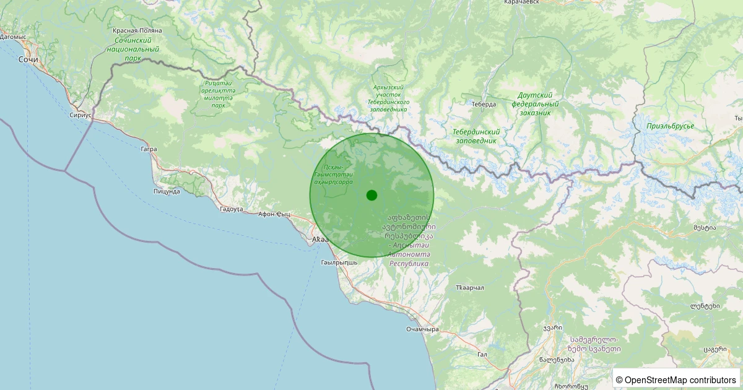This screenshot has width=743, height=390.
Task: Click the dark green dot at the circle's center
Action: point(371,195)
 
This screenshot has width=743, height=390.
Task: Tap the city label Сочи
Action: point(28,59)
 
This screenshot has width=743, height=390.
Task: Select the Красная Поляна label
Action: point(137,30)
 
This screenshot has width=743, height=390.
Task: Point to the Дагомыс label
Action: point(13,37)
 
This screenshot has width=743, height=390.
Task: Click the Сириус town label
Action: point(80,115)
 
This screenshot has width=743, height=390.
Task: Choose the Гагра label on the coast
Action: point(149,149)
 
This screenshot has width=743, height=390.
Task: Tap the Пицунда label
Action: point(167,191)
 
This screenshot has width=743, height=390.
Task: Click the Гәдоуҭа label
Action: point(232,209)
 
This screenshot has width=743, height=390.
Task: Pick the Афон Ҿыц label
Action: point(274,214)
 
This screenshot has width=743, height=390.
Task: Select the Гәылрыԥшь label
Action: point(339,262)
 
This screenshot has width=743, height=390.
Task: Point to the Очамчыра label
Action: point(422,329)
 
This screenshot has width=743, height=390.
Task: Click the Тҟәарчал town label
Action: point(469,288)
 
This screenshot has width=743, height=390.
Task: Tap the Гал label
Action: point(483,354)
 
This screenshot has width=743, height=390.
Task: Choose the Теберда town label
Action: point(484,104)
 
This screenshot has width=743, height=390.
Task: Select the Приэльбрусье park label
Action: point(670,126)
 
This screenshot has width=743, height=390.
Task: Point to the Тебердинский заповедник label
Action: point(476,136)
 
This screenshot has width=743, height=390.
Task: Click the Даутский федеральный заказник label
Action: point(536,104)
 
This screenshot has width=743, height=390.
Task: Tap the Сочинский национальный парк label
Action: point(133,49)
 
